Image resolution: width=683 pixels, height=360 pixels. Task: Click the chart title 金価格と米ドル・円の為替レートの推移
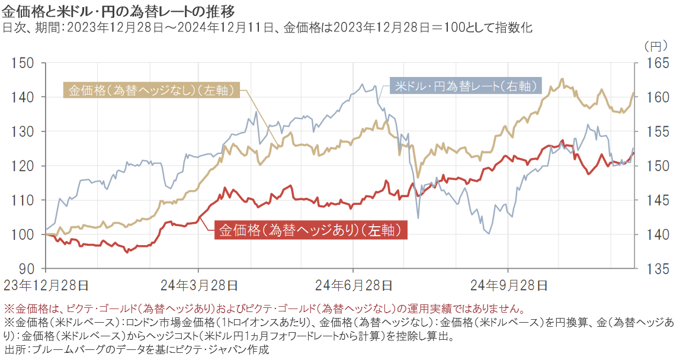(119, 10)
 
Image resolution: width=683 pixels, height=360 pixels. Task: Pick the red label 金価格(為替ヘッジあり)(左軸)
(310, 230)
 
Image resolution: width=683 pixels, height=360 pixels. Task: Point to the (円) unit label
(656, 45)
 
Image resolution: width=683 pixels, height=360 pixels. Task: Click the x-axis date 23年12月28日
(46, 285)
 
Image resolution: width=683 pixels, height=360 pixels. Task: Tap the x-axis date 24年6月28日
(353, 285)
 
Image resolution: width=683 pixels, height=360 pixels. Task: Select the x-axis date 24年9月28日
(508, 285)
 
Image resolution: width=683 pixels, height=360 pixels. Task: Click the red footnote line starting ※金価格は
(264, 308)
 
